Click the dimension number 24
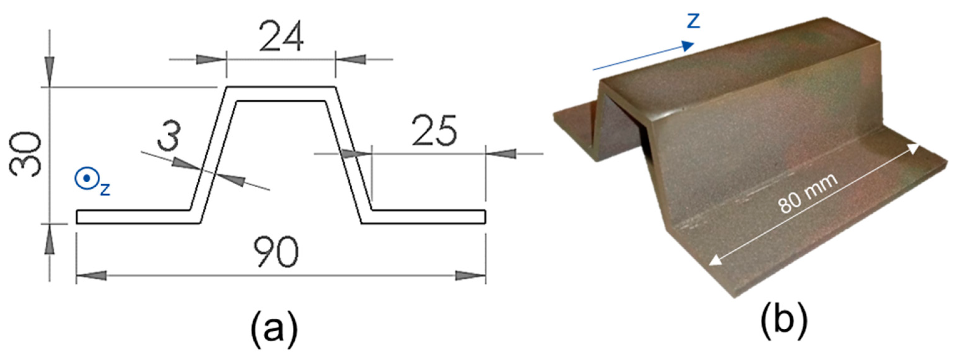282,37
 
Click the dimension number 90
276,252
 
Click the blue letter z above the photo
693,22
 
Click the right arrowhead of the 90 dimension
470,276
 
